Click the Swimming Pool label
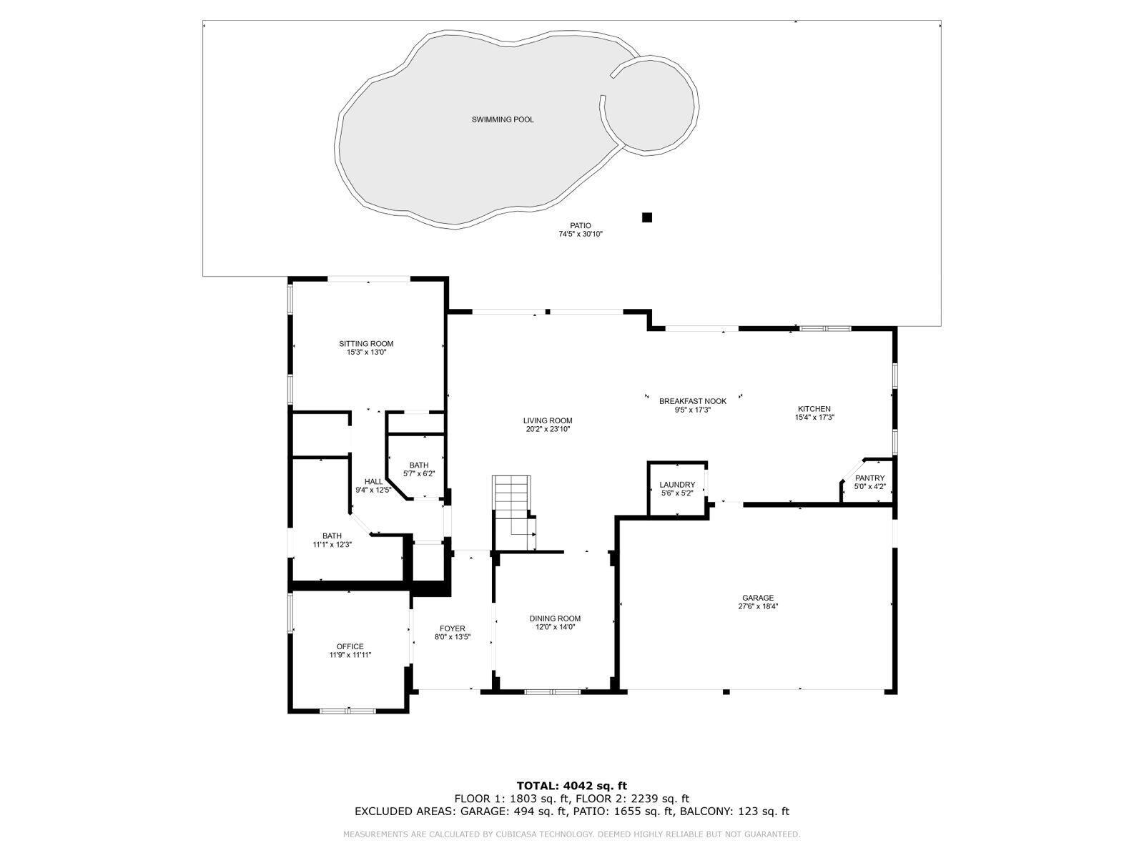click(502, 119)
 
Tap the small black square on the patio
click(647, 217)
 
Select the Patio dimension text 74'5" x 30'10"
click(581, 234)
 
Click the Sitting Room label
click(366, 344)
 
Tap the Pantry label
click(869, 478)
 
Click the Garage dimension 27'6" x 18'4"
click(758, 606)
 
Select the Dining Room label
click(555, 618)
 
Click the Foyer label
click(452, 628)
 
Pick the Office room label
click(350, 646)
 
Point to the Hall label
click(373, 481)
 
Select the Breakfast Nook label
click(692, 401)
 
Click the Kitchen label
click(814, 409)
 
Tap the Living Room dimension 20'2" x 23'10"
click(548, 429)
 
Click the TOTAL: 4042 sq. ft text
click(571, 786)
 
